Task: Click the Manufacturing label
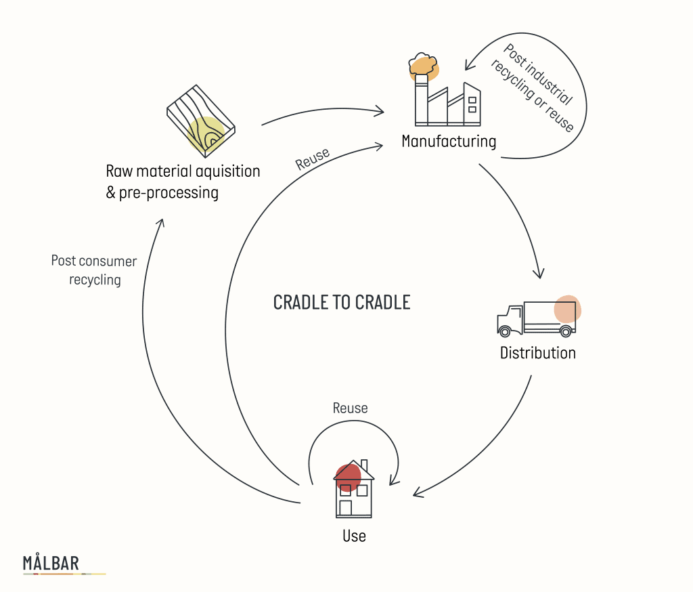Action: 449,142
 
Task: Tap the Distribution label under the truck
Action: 537,353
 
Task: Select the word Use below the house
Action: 354,536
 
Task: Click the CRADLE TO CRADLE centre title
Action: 342,302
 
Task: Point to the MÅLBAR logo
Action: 51,563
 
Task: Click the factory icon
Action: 448,100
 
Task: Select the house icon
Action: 354,489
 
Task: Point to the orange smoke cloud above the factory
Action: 424,64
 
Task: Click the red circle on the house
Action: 349,476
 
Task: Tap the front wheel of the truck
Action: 504,331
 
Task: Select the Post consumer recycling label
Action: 94,270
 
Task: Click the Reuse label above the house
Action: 350,408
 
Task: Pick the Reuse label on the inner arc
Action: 313,158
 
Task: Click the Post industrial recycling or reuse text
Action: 538,88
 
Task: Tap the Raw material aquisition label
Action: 183,171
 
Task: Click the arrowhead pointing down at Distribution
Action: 539,274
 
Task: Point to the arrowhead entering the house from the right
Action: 416,493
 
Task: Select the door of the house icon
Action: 345,508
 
